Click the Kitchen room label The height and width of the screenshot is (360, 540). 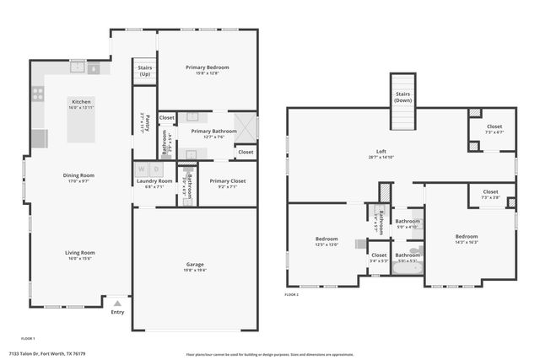(81, 101)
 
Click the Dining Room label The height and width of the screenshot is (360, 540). (78, 175)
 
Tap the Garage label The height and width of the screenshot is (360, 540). (195, 265)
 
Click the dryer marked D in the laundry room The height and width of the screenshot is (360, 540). (154, 169)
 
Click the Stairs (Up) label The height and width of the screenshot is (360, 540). (144, 71)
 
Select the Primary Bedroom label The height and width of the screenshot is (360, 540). (208, 67)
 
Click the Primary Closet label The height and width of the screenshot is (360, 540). (227, 181)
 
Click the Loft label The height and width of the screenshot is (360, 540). (382, 151)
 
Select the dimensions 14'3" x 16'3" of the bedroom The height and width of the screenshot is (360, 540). (467, 242)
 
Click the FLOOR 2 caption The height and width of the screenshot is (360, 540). (292, 295)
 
